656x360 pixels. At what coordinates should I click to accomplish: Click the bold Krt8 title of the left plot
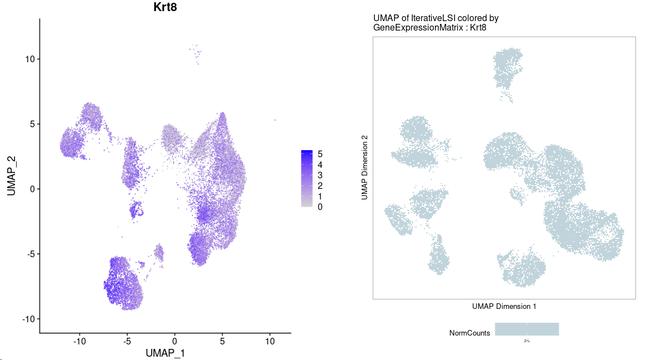(166, 7)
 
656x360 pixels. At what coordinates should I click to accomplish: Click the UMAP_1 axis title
(165, 353)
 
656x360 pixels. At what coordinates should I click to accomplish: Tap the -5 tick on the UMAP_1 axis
(127, 341)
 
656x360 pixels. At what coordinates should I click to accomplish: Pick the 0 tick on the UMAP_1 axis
(174, 341)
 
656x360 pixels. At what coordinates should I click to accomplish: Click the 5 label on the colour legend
(320, 154)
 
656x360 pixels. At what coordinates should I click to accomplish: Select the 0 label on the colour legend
(320, 207)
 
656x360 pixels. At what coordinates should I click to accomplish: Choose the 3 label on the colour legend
(320, 175)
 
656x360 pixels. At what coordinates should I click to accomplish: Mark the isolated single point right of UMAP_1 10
(274, 119)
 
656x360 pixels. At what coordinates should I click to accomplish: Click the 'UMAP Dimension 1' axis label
(504, 306)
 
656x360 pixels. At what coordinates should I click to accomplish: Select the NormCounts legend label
(470, 333)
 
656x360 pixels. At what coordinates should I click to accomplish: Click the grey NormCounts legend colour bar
(527, 329)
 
